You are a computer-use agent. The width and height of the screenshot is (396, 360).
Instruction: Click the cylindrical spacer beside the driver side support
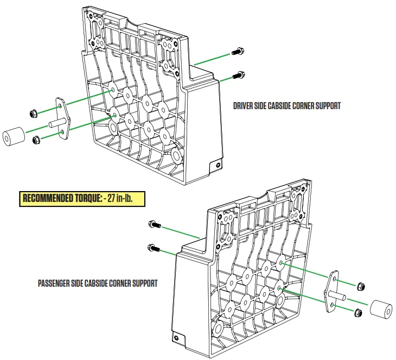click(x=13, y=137)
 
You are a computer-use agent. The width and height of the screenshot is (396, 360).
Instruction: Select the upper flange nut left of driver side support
click(x=33, y=113)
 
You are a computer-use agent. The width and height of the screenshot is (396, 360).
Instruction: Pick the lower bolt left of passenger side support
click(x=154, y=248)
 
